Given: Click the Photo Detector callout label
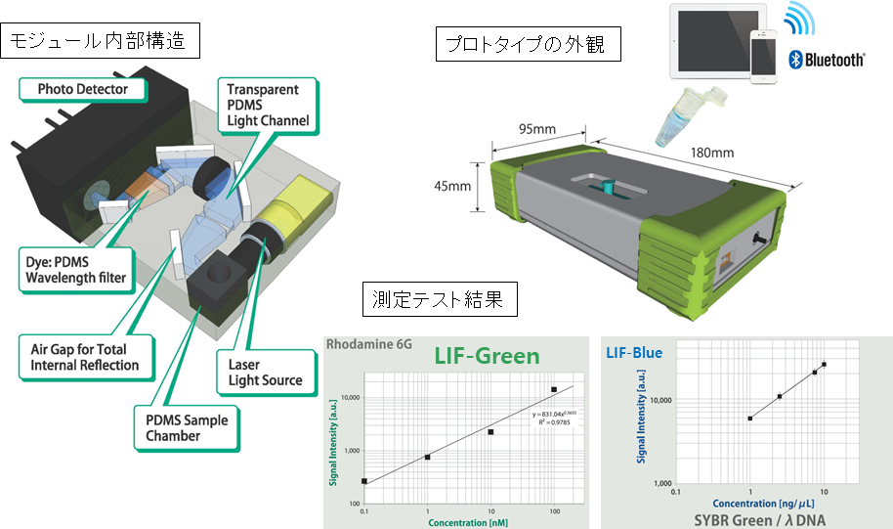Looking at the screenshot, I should click(83, 90).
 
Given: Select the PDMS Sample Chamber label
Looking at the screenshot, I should click(180, 428).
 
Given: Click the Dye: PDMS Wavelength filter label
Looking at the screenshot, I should click(77, 271).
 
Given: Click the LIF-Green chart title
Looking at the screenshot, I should click(488, 356).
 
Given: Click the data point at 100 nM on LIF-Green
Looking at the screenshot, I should click(554, 390).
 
